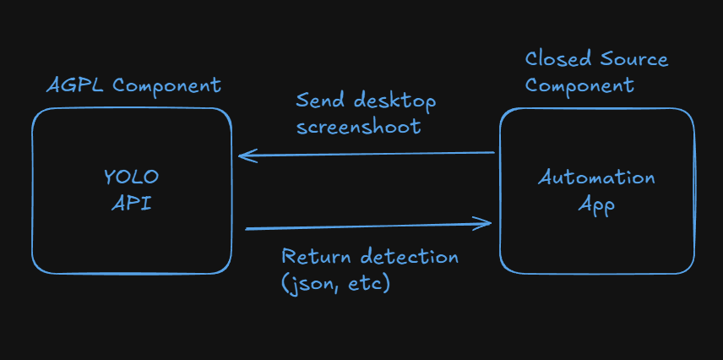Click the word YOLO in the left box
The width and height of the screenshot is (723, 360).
131,178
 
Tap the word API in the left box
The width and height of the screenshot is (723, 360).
131,204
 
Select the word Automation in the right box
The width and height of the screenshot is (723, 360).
597,178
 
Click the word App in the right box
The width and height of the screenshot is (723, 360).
596,205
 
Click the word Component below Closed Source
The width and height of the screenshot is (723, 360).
580,86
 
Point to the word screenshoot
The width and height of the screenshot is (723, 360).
358,128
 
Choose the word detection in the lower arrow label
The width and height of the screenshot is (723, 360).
410,256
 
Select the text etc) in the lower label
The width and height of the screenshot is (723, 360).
370,283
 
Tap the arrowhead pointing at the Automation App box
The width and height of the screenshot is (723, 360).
485,224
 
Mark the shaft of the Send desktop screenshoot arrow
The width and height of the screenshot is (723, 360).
372,154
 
